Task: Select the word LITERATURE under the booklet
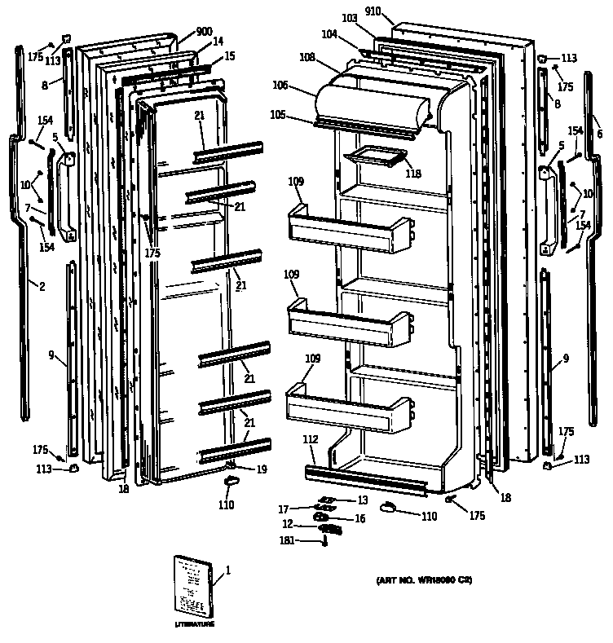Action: (195, 624)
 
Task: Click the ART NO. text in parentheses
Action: (425, 581)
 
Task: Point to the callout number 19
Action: (262, 469)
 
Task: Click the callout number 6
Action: (599, 134)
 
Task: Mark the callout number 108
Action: (306, 58)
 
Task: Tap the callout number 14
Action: (218, 41)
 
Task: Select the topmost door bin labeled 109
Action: (346, 229)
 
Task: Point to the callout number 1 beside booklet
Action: (228, 570)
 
